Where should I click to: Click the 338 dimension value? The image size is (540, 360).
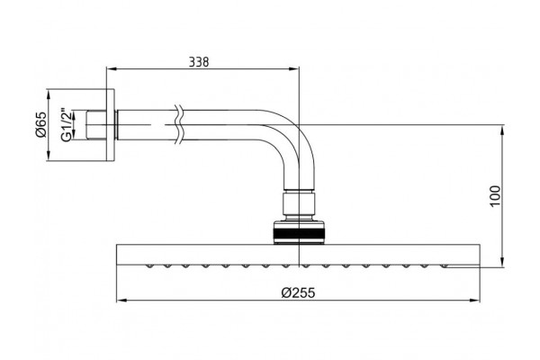pyautogui.click(x=199, y=62)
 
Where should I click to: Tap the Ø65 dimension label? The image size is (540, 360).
pyautogui.click(x=41, y=125)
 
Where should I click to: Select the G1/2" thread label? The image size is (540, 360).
pyautogui.click(x=67, y=125)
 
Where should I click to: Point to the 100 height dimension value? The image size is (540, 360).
pyautogui.click(x=495, y=195)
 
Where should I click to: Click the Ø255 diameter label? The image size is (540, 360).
pyautogui.click(x=298, y=292)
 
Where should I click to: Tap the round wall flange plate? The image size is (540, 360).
pyautogui.click(x=110, y=125)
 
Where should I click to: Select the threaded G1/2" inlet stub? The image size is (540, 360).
pyautogui.click(x=96, y=125)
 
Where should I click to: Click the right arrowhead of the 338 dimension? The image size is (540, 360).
pyautogui.click(x=293, y=69)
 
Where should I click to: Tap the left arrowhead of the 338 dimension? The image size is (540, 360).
pyautogui.click(x=112, y=69)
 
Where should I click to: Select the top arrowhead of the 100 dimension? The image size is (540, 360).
pyautogui.click(x=502, y=130)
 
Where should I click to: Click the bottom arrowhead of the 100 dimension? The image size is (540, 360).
pyautogui.click(x=502, y=262)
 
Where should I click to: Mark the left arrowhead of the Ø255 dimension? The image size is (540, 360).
pyautogui.click(x=121, y=301)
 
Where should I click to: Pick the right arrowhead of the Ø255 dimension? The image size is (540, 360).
pyautogui.click(x=474, y=301)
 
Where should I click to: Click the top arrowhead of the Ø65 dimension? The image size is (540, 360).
pyautogui.click(x=48, y=94)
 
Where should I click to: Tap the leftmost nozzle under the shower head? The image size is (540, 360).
pyautogui.click(x=149, y=266)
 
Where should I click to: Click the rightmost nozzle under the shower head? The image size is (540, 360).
pyautogui.click(x=445, y=266)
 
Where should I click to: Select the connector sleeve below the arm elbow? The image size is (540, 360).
pyautogui.click(x=299, y=204)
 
